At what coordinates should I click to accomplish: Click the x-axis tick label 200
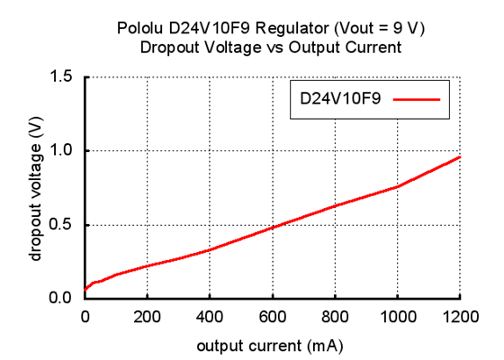point(147,316)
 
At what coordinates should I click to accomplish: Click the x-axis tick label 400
point(210,316)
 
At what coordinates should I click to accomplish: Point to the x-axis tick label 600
point(272,316)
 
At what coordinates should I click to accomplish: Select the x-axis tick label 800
point(335,316)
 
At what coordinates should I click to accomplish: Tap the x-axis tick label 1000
point(397,316)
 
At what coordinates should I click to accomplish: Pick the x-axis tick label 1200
point(459,316)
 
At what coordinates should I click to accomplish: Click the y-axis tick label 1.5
point(61,77)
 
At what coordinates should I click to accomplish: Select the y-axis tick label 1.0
point(61,151)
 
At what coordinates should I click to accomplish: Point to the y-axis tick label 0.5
point(61,225)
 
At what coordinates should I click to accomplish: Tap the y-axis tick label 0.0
point(61,298)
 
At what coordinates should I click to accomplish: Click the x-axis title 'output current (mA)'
point(272,344)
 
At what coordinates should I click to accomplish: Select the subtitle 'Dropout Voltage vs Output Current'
point(271,48)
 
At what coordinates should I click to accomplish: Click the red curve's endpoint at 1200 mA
point(460,157)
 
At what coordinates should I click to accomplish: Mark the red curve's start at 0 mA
point(85,290)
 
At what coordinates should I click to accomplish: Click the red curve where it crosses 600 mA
point(272,226)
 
